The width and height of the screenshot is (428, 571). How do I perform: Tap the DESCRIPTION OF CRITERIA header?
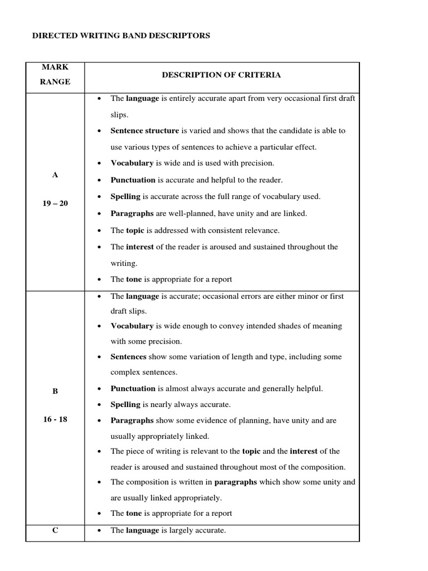pos(221,75)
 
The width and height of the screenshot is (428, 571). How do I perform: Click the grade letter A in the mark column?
pos(55,175)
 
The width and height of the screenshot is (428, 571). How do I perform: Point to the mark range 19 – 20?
pos(55,203)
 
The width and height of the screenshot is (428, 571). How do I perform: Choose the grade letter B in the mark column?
pos(55,391)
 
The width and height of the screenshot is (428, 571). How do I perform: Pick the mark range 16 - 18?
pos(55,419)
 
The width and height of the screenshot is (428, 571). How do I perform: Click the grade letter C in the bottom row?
pos(55,530)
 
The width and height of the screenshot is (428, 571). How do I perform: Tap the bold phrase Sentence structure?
pos(144,130)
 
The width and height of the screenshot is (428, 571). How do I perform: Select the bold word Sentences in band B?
pos(128,356)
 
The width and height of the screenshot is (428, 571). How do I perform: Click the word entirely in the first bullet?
pos(182,98)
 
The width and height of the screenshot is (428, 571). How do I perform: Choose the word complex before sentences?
pos(127,372)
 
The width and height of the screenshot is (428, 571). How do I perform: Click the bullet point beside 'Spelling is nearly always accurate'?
pos(99,405)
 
